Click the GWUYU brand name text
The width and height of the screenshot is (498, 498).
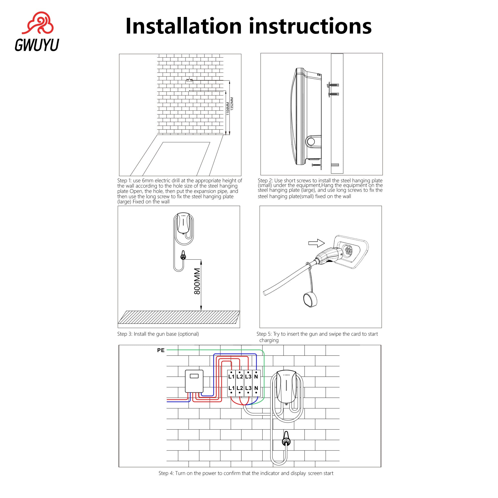[37, 45]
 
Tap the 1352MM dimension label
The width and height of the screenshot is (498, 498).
[232, 104]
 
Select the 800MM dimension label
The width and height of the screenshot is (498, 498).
[197, 281]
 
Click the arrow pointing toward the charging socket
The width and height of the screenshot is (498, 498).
[316, 243]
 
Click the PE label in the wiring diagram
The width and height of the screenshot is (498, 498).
[161, 350]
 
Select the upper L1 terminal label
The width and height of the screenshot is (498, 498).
[232, 376]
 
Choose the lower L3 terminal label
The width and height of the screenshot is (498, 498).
[248, 388]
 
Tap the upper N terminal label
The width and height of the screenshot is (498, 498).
[256, 376]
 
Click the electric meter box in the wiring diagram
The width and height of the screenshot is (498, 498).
[194, 381]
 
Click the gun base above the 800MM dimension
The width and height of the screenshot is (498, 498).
[183, 255]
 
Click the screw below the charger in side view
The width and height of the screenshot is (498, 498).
[316, 165]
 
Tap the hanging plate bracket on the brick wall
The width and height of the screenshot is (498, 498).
[189, 80]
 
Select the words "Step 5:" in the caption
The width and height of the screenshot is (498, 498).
[264, 334]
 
